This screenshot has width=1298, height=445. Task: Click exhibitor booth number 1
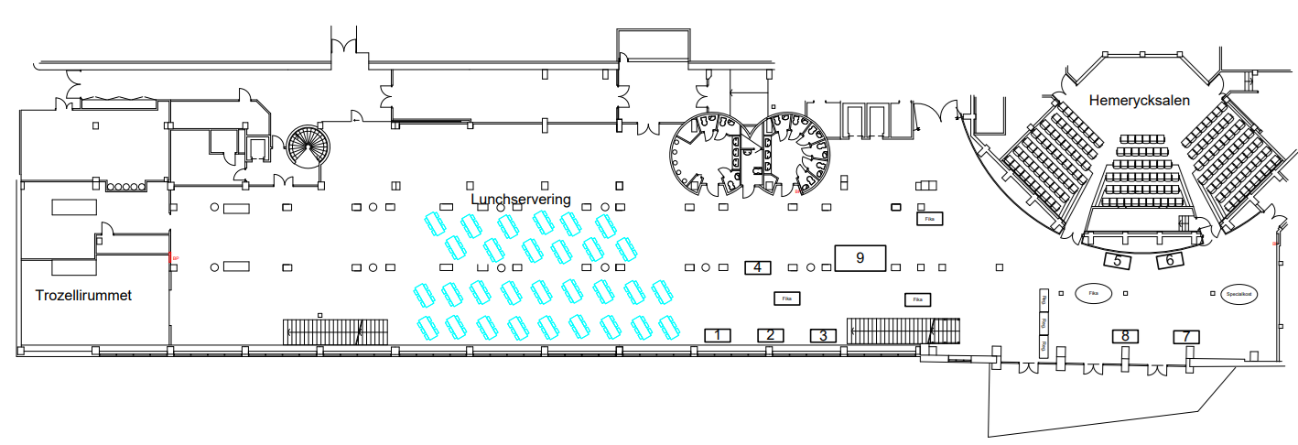click(x=718, y=335)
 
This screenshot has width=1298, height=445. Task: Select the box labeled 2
click(x=771, y=335)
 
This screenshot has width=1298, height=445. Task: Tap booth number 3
click(x=824, y=335)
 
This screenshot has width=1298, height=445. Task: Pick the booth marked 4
click(x=757, y=267)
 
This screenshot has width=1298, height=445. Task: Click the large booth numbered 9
click(x=860, y=257)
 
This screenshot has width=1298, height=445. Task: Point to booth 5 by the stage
click(x=1118, y=261)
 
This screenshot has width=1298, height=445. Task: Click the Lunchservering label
click(x=520, y=199)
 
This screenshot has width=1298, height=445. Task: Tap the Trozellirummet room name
click(x=84, y=296)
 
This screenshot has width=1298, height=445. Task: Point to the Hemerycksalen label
click(x=1139, y=101)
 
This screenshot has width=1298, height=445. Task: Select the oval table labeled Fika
click(x=1093, y=294)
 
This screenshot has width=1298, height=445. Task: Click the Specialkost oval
click(x=1238, y=295)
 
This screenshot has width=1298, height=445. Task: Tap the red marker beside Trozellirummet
click(x=172, y=259)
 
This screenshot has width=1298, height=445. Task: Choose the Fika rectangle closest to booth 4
click(x=785, y=298)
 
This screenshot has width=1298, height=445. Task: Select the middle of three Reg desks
click(x=1043, y=322)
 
